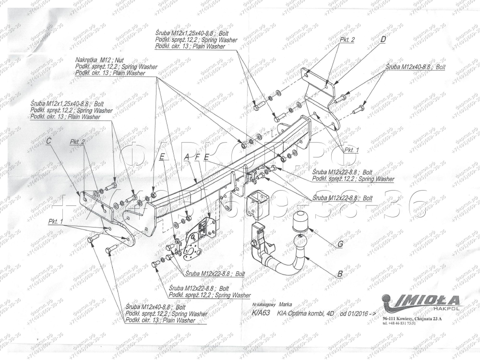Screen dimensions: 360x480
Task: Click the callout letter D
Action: point(383,40)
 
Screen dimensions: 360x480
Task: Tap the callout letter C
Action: point(49,141)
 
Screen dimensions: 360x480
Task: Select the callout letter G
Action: point(340,244)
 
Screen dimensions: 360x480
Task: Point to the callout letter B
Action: point(340,275)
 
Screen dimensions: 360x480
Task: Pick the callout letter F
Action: point(197,156)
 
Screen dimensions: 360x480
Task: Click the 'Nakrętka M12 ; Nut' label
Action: point(99,60)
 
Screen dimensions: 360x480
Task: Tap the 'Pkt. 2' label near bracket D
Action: point(347,40)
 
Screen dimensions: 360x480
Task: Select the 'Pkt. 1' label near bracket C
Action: point(56,221)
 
